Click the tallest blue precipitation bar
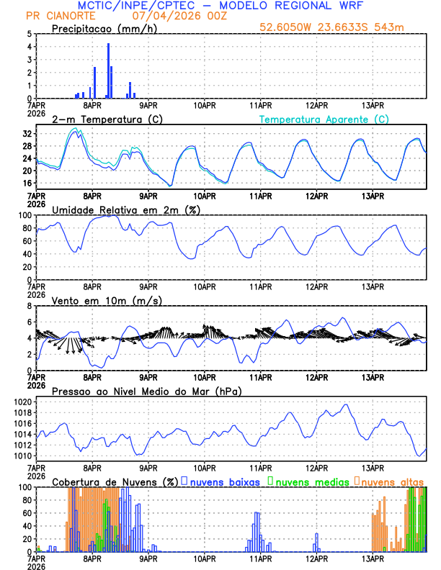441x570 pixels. (x=109, y=71)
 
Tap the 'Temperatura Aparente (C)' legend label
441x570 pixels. (x=324, y=119)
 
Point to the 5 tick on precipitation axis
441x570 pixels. (x=29, y=34)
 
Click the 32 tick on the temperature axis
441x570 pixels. (x=27, y=134)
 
